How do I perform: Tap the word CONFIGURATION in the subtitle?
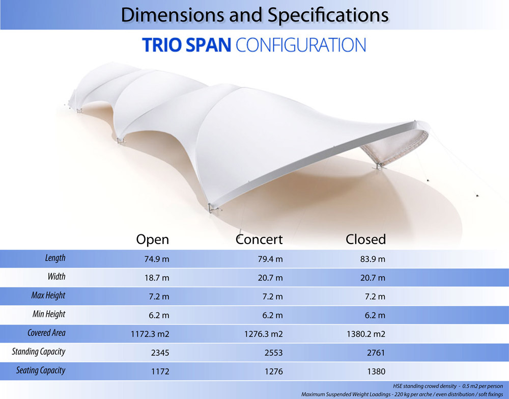[301, 45]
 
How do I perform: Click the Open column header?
[152, 239]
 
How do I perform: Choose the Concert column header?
[259, 239]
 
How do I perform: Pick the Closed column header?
[365, 239]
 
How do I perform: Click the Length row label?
[55, 258]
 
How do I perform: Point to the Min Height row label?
[49, 314]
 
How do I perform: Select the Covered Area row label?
[46, 333]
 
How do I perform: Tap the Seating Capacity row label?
[40, 370]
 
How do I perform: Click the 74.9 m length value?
[157, 259]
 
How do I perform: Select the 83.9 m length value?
[372, 259]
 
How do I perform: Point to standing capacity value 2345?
[159, 352]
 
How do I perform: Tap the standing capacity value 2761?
[375, 352]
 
